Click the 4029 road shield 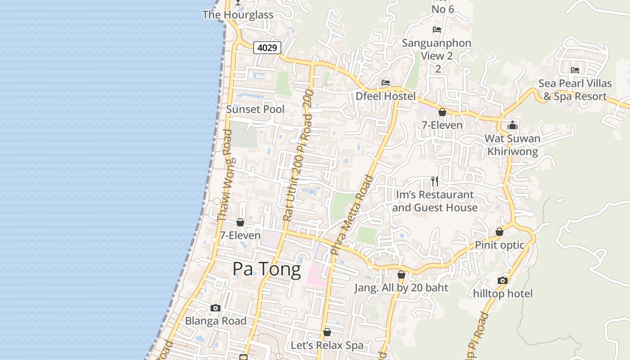pos(267,47)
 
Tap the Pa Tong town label pos(266,269)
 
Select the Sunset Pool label pos(255,109)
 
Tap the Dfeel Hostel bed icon pos(386,83)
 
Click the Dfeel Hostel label pos(386,96)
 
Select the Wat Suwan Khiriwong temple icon pos(513,125)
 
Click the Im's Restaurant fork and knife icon pos(435,181)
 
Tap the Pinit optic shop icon pos(499,232)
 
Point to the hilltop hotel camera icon pos(503,280)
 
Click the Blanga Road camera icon pos(216,308)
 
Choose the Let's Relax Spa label pos(327,346)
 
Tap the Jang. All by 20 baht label pos(401,288)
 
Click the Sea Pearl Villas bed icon pos(575,70)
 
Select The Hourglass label pos(238,15)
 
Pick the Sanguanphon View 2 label pos(436,49)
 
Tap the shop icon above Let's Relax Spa pos(327,332)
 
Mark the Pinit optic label pos(499,245)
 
